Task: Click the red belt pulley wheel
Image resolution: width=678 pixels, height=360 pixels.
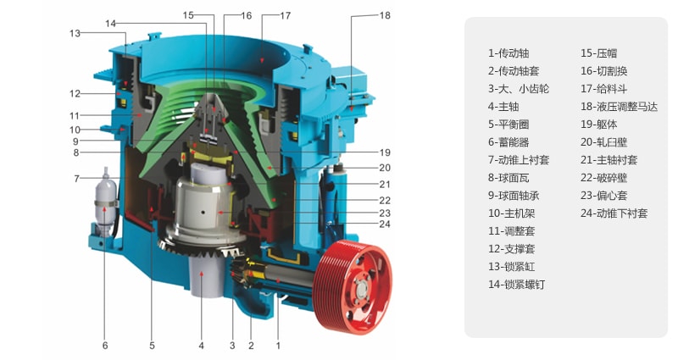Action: (x=353, y=287)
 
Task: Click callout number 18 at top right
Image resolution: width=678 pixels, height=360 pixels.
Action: (x=385, y=15)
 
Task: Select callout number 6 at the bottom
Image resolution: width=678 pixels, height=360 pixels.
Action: (x=105, y=346)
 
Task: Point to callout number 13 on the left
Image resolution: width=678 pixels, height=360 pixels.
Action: (x=75, y=33)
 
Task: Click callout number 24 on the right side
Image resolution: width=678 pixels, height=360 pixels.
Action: (x=385, y=224)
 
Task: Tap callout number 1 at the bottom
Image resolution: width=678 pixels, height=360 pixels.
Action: (x=278, y=346)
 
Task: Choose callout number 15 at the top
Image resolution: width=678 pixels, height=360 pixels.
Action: (x=188, y=15)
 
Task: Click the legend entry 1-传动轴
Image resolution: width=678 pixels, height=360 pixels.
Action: (x=508, y=53)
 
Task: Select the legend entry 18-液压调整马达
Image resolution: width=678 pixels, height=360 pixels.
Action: (x=620, y=107)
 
